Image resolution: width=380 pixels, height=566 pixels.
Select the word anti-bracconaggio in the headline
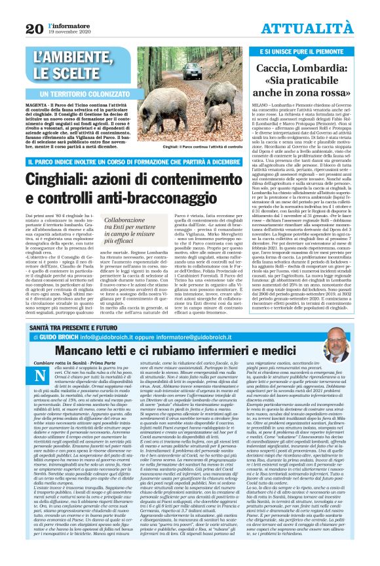pyautogui.click(x=157, y=196)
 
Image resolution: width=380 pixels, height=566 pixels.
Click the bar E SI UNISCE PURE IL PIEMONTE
pyautogui.click(x=305, y=51)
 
